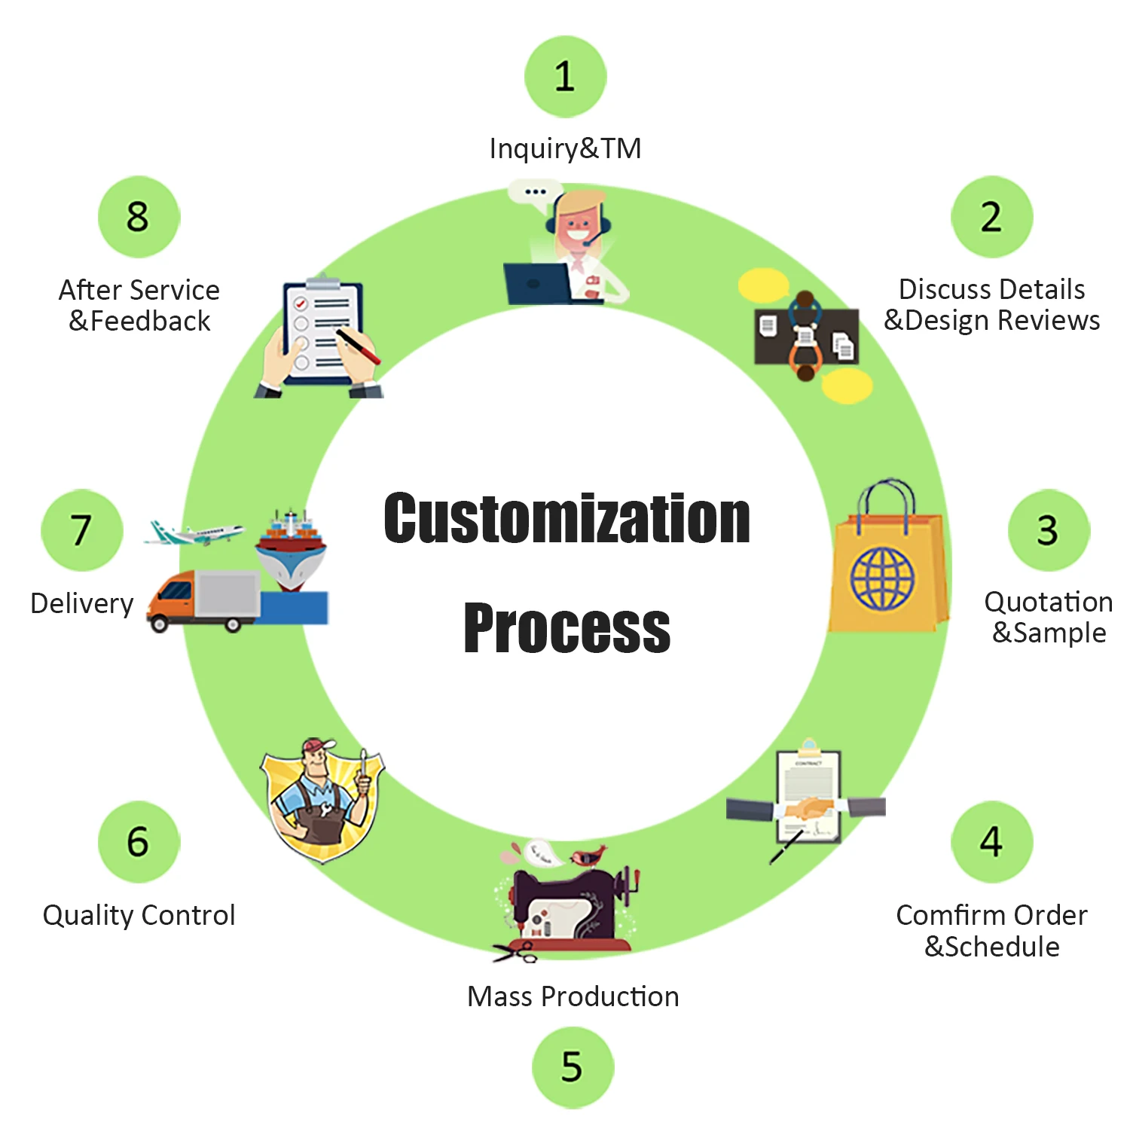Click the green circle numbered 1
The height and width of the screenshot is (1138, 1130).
coord(565,77)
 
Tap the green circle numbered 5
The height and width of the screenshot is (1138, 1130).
coord(573,1066)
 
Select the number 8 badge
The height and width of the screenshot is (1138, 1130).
coord(139,217)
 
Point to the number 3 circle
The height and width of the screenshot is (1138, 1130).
coord(1048,530)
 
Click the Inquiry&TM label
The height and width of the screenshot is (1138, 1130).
coord(565,148)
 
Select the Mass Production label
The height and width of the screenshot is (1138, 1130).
coord(573,996)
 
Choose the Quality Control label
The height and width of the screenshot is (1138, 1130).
coord(139,915)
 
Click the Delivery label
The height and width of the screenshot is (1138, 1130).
coord(81,603)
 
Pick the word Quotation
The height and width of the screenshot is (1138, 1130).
coord(1048,602)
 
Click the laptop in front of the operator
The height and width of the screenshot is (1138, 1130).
coord(536,283)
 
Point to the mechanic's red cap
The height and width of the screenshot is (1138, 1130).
coord(317,746)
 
